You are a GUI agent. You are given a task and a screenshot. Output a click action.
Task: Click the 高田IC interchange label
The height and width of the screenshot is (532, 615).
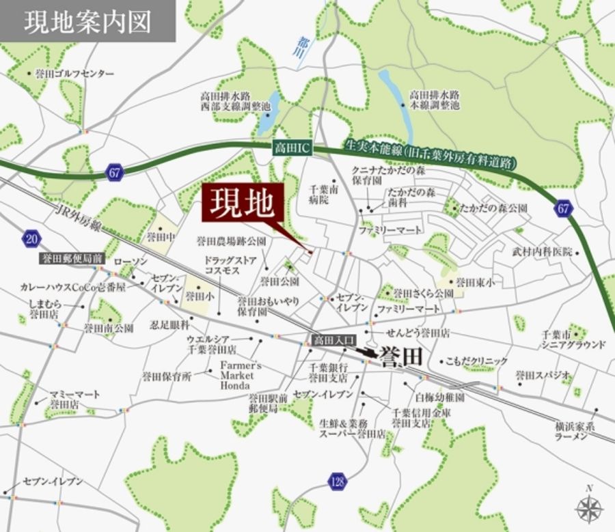pos(290,148)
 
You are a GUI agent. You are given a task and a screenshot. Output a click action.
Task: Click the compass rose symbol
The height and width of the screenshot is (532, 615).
pos(588,507)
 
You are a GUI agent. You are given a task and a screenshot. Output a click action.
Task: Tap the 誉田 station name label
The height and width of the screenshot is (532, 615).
pos(396,358)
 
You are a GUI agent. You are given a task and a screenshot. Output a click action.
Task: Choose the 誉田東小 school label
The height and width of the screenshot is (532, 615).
pos(474,281)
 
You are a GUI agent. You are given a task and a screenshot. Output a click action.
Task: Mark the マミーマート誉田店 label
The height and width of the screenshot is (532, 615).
pos(74,400)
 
